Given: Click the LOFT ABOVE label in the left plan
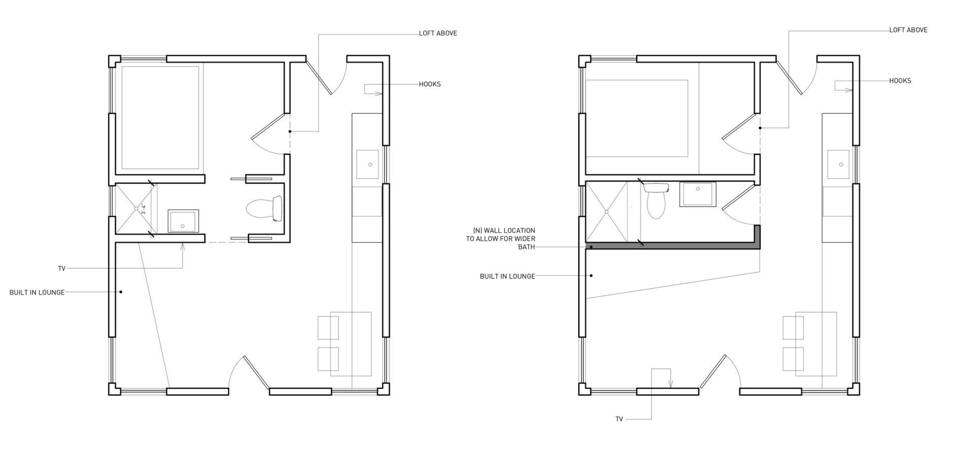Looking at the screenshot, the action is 438,33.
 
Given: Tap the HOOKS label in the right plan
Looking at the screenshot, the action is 900,81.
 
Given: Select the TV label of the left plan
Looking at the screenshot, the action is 62,269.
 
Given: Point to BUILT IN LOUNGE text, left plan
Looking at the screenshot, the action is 37,293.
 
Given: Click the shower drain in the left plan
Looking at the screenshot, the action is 136,208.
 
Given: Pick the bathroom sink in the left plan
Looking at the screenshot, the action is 184,221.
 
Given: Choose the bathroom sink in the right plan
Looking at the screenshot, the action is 698,195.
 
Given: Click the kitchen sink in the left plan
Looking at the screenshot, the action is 368,164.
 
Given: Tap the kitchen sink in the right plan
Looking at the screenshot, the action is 839,164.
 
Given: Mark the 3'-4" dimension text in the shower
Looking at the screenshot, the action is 144,208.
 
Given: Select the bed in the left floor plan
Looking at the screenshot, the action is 160,118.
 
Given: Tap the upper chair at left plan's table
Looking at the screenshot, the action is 328,328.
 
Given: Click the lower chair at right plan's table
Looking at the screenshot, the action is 793,359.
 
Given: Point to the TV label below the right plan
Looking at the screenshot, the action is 619,420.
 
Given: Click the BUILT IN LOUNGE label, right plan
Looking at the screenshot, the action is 507,276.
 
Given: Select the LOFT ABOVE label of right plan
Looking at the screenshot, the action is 908,30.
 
